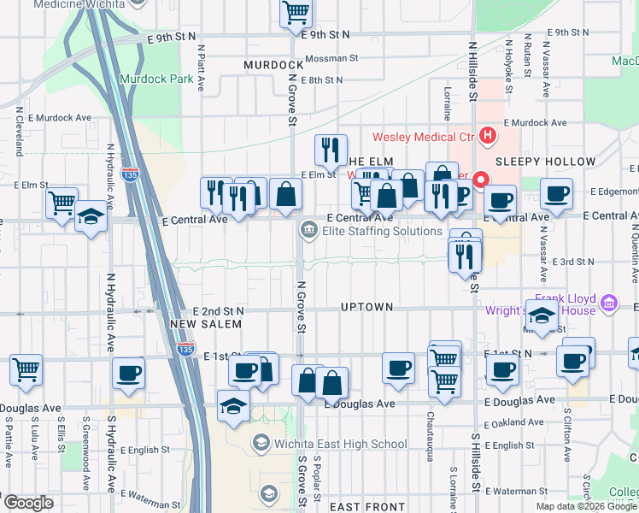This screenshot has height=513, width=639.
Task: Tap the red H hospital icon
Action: pos(488,135)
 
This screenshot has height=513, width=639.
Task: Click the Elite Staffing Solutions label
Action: pos(382,231)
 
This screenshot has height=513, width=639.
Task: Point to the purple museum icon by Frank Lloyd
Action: pos(608,303)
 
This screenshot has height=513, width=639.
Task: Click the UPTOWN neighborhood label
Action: pos(366,307)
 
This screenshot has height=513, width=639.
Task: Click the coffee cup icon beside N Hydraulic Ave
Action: pos(128,372)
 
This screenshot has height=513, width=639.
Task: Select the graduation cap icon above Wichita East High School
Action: pos(233,406)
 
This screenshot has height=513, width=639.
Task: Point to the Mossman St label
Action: pos(331,59)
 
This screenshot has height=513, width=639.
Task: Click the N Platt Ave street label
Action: pos(201,69)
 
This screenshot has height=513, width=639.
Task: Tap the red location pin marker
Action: pos(481,180)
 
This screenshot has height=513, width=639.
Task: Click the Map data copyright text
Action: pos(586,506)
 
